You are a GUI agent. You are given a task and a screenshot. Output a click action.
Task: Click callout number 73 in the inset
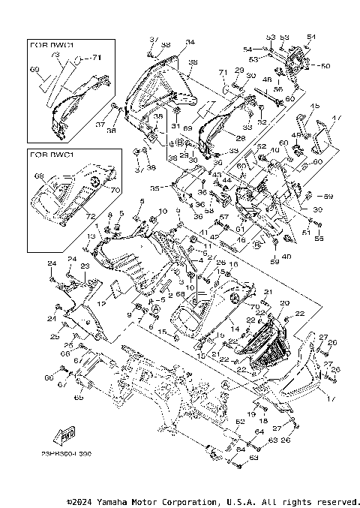[55, 56]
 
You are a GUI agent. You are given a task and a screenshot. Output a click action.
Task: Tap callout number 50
[325, 66]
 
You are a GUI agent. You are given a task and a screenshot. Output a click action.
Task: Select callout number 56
[278, 89]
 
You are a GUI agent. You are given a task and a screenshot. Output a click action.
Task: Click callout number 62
[241, 422]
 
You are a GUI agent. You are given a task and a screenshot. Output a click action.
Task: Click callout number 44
[226, 180]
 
